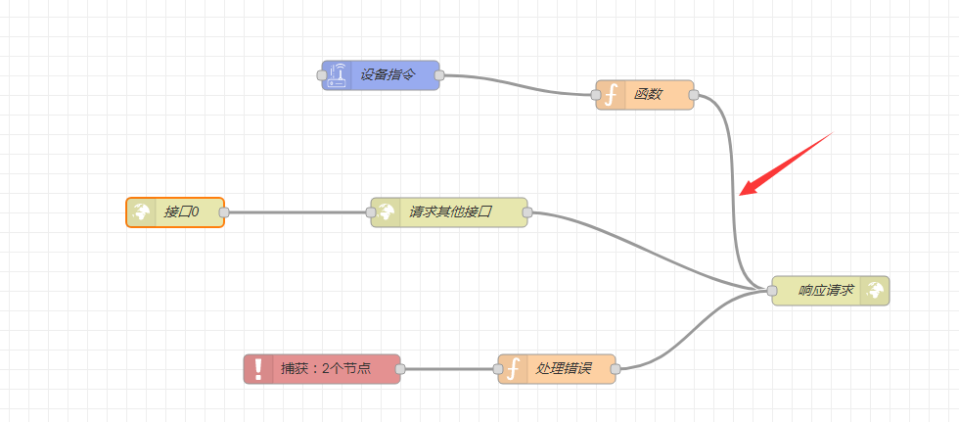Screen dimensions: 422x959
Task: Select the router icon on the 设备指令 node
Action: (x=337, y=75)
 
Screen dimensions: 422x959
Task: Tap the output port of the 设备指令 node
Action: (x=439, y=75)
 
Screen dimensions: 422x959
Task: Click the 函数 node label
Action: (x=648, y=95)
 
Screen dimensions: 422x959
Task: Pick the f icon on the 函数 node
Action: (x=612, y=95)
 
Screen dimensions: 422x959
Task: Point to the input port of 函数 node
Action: (x=596, y=95)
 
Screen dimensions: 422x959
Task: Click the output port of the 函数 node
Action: (x=694, y=95)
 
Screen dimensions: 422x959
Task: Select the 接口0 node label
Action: (x=182, y=212)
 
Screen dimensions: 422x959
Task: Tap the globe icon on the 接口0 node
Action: (x=142, y=212)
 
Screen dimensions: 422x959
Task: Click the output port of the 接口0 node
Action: (x=224, y=212)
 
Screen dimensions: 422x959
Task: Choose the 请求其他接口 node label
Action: (x=450, y=212)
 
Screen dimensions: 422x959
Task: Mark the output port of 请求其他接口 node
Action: (x=527, y=212)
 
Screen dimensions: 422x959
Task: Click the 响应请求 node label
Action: (x=827, y=291)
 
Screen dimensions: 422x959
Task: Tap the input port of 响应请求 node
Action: (x=772, y=291)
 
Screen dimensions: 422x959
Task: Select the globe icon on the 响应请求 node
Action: (x=875, y=291)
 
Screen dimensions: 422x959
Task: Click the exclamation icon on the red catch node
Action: (x=258, y=369)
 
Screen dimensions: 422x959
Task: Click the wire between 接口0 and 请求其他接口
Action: (x=297, y=212)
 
